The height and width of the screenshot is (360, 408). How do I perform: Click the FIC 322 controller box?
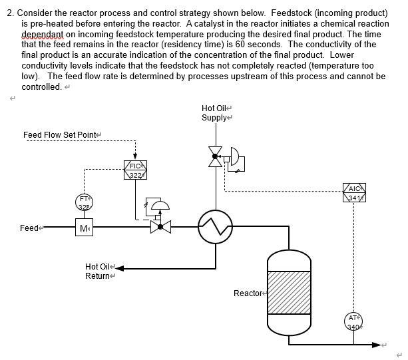(x=135, y=170)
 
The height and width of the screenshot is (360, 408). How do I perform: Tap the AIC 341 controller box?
(x=353, y=192)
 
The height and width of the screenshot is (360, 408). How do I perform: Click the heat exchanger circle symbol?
(x=215, y=228)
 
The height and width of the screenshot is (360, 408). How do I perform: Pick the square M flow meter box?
(x=84, y=228)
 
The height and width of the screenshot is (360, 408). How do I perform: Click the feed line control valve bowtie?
(x=160, y=228)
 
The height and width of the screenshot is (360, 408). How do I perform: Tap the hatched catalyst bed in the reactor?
(x=289, y=291)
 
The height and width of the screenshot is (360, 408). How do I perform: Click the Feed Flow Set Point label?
(x=60, y=135)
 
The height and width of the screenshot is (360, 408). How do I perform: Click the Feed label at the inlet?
(x=29, y=228)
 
